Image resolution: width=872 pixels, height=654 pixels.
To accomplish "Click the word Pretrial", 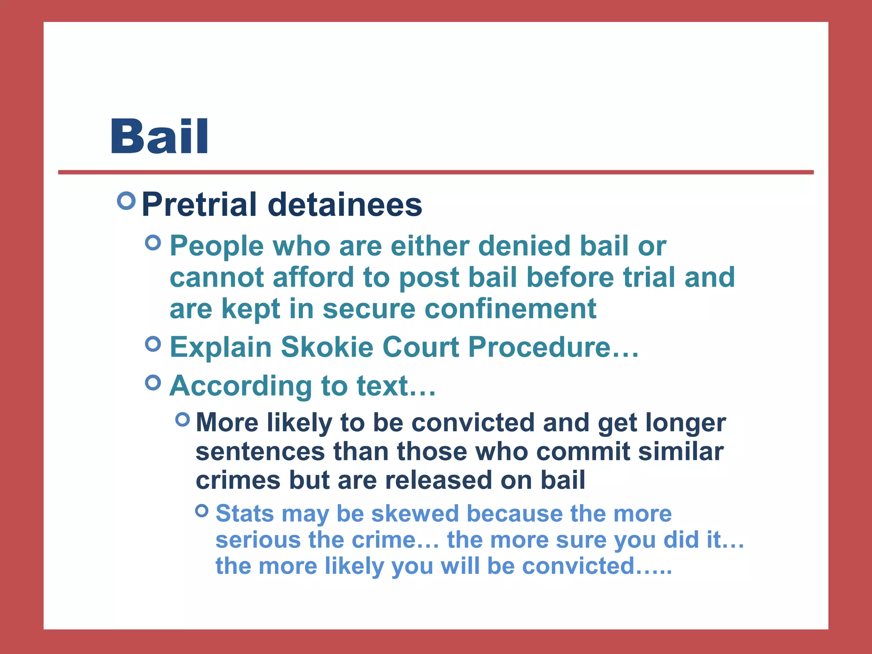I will coord(199,204).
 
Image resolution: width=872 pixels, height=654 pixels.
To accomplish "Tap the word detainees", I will coord(345,204).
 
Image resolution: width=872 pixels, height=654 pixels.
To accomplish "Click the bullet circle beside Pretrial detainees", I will coord(126,201).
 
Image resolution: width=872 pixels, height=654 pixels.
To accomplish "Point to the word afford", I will coord(313,277).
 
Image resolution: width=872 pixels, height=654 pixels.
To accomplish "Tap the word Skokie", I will coord(327,347).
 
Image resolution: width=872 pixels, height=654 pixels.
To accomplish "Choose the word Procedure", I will coord(539,347).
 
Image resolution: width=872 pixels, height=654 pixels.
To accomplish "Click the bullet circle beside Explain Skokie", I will coord(153,343).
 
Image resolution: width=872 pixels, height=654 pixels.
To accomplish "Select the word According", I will coord(241,386).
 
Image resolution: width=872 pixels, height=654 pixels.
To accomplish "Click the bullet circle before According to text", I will coord(153,382).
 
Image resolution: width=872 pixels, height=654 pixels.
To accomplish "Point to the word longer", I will coord(685,423).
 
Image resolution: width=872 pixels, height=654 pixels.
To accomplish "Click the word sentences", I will coord(260,451).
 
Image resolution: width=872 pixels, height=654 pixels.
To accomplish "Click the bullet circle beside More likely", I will coord(183,419).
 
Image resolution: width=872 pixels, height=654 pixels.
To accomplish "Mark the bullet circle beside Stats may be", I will coord(202,510).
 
